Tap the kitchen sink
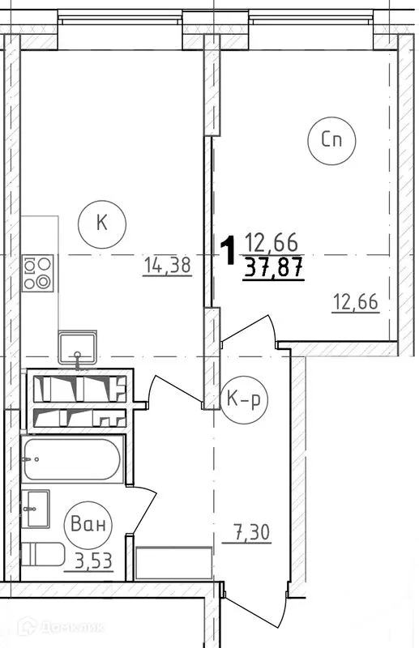(x=77, y=347)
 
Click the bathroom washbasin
(x=36, y=509)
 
